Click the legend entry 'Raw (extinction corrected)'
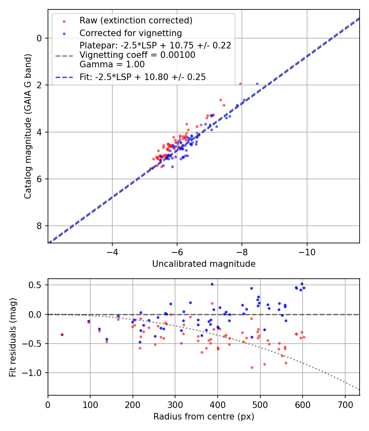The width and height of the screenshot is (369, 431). (x=136, y=21)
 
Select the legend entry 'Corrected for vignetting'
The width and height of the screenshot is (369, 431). (x=130, y=33)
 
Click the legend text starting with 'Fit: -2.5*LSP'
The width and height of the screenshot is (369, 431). (x=143, y=77)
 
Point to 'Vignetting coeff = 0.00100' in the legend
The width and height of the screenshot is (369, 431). (x=137, y=55)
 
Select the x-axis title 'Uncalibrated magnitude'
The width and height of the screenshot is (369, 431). (x=204, y=264)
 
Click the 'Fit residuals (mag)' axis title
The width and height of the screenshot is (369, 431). (x=13, y=337)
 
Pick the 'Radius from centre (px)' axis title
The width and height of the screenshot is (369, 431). (x=204, y=417)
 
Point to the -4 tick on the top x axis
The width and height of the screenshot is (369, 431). (x=112, y=251)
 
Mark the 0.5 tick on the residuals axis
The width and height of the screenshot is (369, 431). (x=38, y=285)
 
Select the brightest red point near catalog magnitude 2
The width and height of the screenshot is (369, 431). (x=240, y=84)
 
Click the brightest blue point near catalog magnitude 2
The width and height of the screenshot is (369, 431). (x=257, y=84)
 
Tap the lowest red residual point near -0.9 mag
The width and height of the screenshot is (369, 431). (x=252, y=367)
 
